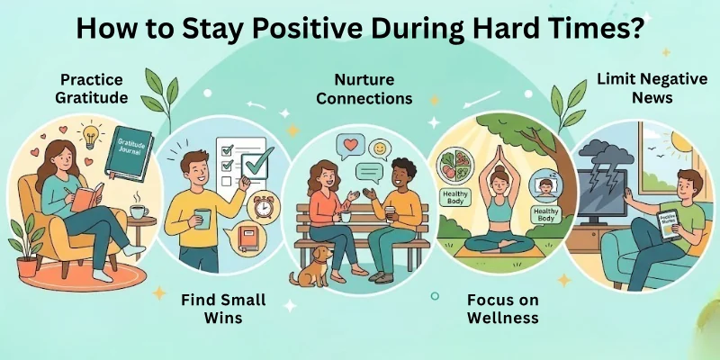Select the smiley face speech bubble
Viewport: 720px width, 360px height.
[x=379, y=146]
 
